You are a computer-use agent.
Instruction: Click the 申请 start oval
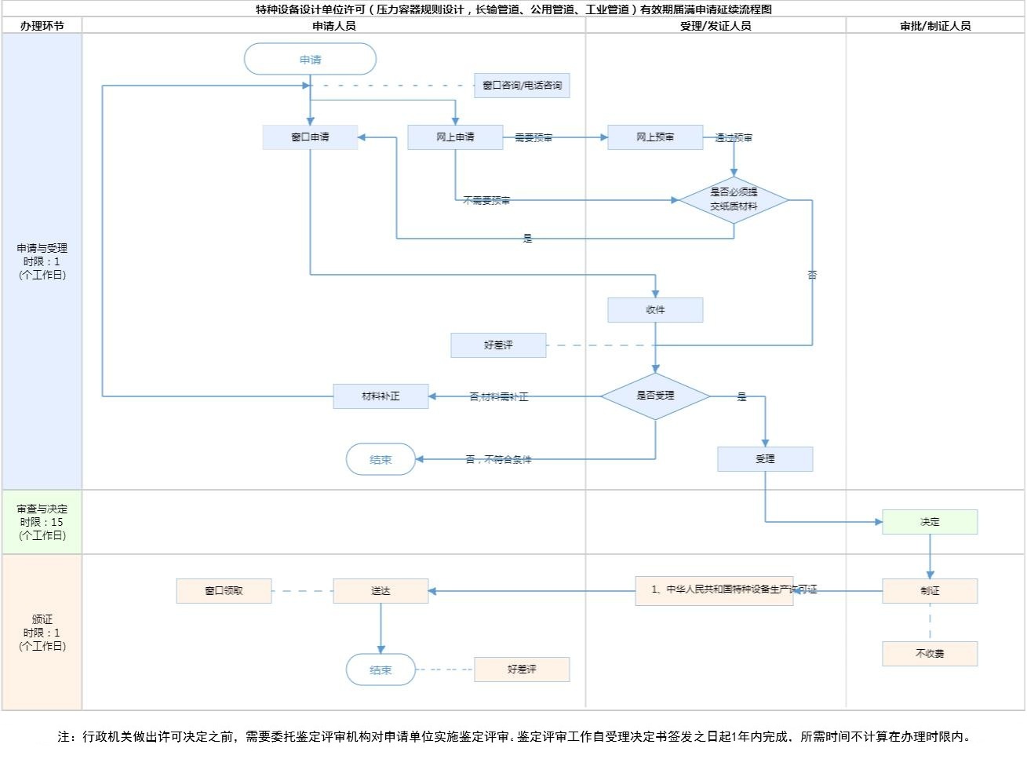click(x=310, y=60)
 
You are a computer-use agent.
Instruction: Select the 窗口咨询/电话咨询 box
click(x=522, y=86)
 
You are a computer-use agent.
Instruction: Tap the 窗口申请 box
click(x=310, y=137)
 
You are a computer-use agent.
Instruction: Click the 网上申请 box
click(x=455, y=137)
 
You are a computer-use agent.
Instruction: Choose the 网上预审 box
click(x=655, y=137)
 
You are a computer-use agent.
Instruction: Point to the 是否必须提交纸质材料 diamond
click(x=734, y=200)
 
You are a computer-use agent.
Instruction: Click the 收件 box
click(x=655, y=310)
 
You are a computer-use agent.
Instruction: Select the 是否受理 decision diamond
click(x=655, y=396)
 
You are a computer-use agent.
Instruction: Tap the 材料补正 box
click(x=381, y=396)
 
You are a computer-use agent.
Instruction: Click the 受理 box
click(x=765, y=459)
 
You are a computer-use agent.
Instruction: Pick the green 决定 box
click(x=930, y=522)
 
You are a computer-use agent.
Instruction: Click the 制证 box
click(x=930, y=591)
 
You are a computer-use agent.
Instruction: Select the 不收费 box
click(x=930, y=654)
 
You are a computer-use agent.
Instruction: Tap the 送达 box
click(x=381, y=591)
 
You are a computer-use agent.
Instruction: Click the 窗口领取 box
click(x=224, y=591)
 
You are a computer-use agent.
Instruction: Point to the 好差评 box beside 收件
click(x=498, y=345)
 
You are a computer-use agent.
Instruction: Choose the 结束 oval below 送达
click(x=381, y=670)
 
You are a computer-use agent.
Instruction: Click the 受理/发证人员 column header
click(x=715, y=26)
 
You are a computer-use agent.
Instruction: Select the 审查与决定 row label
click(x=42, y=522)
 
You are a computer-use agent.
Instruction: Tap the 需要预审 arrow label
click(x=534, y=137)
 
